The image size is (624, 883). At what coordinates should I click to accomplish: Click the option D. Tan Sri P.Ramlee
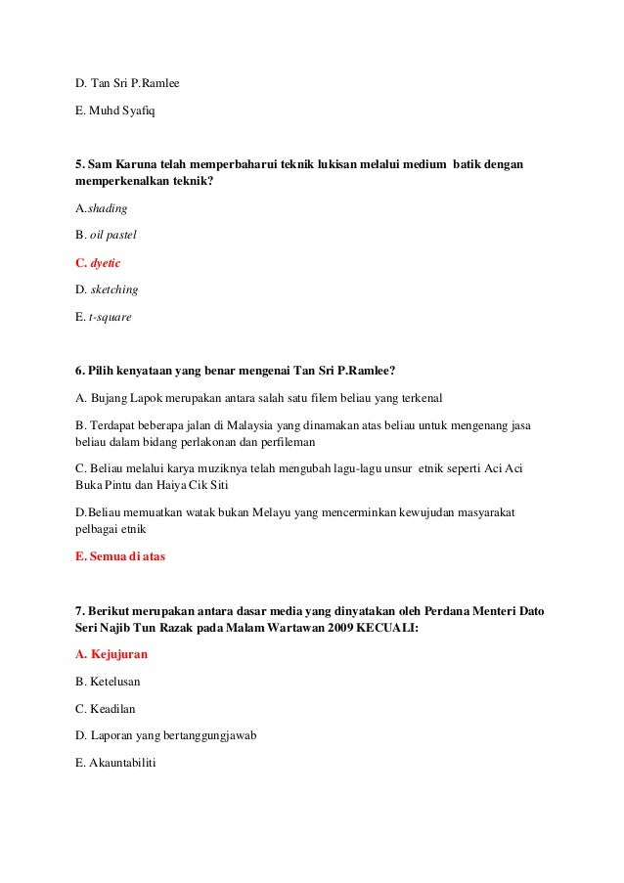click(127, 83)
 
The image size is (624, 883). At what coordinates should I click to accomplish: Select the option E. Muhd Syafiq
click(114, 110)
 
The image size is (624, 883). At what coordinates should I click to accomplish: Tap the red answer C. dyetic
click(98, 263)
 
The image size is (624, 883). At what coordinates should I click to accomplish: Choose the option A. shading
click(102, 208)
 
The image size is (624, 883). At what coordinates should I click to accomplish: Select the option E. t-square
click(103, 318)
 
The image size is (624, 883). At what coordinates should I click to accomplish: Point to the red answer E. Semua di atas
click(120, 556)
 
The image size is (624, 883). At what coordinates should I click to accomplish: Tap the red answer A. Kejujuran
click(111, 653)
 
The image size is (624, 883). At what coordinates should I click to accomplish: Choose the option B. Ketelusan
click(108, 681)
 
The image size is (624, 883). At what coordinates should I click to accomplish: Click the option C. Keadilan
click(105, 708)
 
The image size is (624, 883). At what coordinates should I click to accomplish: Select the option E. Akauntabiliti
click(115, 763)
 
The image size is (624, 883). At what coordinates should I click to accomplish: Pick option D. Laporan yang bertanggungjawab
click(165, 735)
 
